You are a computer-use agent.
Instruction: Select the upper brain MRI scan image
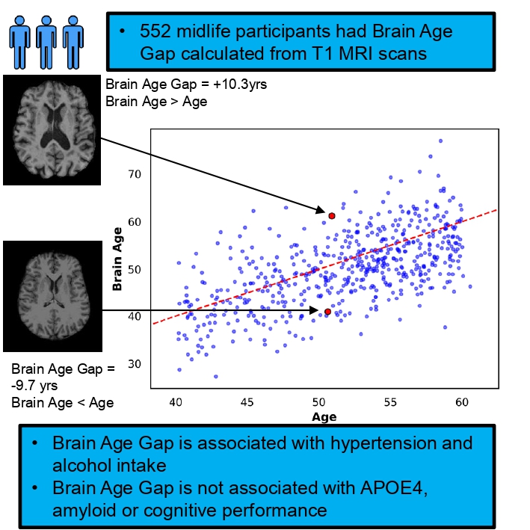tap(52, 129)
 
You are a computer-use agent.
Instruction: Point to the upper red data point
tap(332, 215)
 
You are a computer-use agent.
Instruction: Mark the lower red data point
tap(327, 311)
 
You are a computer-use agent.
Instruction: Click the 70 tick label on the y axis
tap(135, 174)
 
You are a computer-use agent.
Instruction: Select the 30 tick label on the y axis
tap(135, 364)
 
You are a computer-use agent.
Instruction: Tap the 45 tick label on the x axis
tap(247, 401)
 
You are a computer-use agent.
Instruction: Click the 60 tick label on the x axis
tap(462, 401)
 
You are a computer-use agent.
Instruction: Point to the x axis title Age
tap(324, 416)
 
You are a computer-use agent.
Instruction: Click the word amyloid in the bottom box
tap(86, 511)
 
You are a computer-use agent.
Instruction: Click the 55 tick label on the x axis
tap(390, 401)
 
